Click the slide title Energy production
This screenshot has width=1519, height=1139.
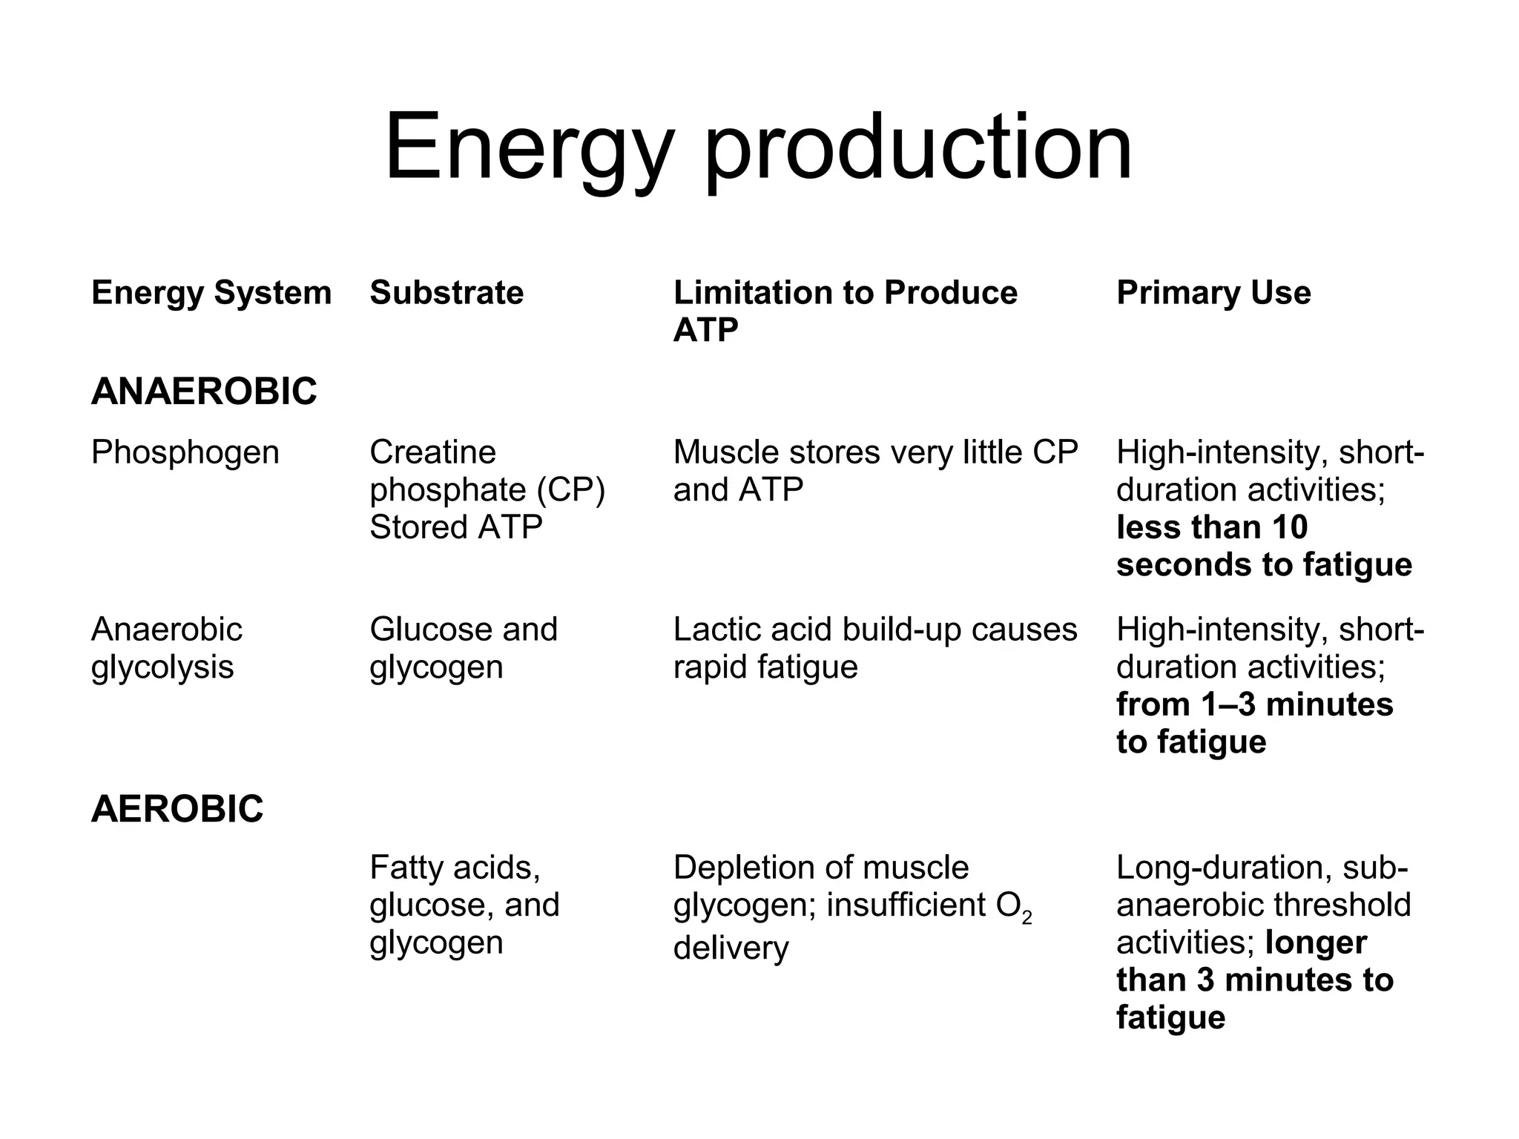[758, 148]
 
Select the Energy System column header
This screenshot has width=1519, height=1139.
[211, 293]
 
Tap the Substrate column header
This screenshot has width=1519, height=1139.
[447, 293]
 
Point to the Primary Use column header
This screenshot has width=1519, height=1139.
[1213, 293]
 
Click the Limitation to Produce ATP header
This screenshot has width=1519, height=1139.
[845, 311]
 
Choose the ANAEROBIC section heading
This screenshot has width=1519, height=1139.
[204, 392]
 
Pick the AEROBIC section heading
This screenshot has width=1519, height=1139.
[177, 809]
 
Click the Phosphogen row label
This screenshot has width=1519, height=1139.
[185, 452]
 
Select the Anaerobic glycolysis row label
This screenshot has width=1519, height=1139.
[166, 648]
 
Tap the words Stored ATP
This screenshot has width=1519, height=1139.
[455, 527]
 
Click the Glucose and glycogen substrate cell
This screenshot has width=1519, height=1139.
[463, 648]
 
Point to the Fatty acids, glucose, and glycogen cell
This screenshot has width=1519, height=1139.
[464, 905]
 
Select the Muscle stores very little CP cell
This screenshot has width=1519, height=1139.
[875, 471]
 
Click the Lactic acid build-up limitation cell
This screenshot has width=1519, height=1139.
[875, 648]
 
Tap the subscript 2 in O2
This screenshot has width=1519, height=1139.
[1027, 919]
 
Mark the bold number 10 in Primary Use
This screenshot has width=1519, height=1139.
[1289, 527]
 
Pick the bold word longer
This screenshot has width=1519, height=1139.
[1316, 942]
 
